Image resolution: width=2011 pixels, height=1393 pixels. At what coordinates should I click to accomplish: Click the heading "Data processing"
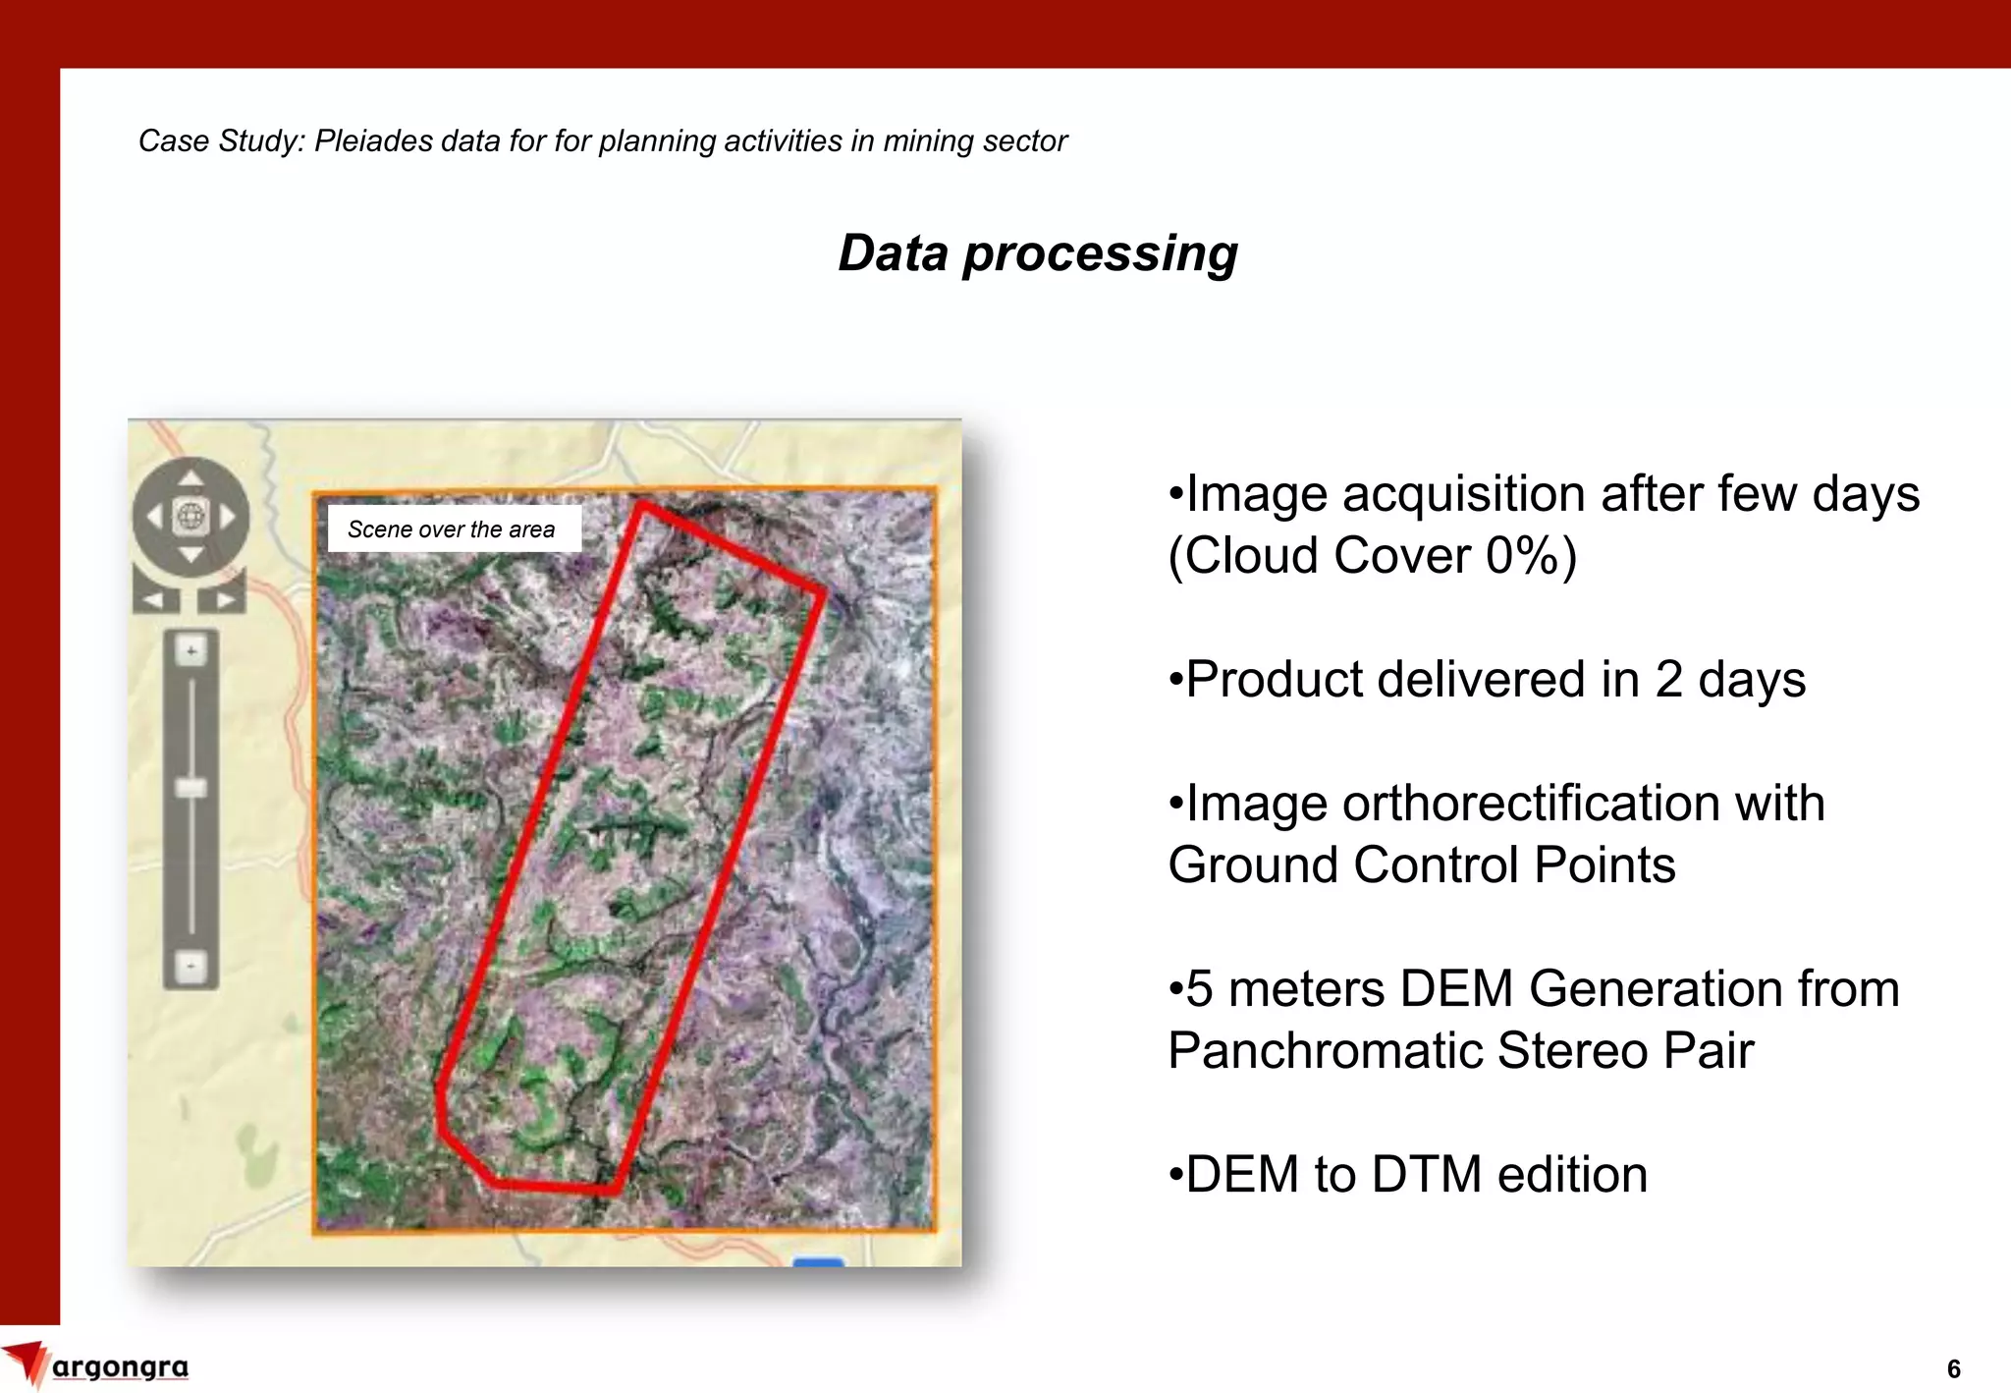(1038, 253)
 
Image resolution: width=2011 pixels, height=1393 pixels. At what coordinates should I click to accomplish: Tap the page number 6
(1953, 1368)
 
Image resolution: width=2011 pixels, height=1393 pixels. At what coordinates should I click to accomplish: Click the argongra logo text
(120, 1366)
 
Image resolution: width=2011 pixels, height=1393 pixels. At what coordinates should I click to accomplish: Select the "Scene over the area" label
(452, 529)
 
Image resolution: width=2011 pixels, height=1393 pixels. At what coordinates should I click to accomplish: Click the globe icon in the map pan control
(190, 516)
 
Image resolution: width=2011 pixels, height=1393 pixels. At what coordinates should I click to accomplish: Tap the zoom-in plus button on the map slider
(191, 650)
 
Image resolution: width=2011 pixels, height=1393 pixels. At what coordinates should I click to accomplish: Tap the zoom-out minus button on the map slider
(191, 967)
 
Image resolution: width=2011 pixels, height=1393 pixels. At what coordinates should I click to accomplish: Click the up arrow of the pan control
(190, 478)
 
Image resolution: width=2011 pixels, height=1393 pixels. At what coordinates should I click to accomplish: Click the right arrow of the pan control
(228, 517)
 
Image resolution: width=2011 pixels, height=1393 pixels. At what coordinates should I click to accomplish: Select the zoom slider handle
(191, 788)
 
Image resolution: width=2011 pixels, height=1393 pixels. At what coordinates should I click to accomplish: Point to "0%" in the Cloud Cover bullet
(1522, 556)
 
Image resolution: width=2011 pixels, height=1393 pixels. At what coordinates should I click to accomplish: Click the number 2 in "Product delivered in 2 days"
(1669, 680)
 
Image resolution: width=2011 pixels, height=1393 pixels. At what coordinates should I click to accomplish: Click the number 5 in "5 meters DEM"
(1200, 989)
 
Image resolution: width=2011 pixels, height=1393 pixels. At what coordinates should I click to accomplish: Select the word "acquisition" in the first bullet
(1463, 494)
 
